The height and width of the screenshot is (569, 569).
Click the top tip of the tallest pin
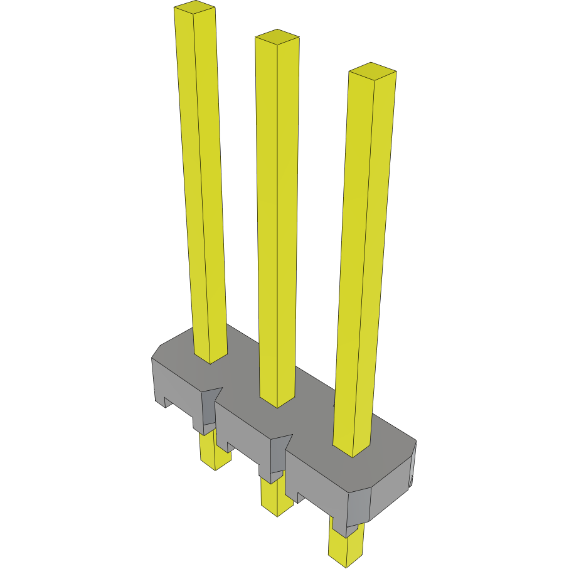click(x=194, y=8)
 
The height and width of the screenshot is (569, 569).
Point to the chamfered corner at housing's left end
click(x=157, y=351)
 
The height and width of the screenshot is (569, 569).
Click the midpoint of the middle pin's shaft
click(x=277, y=220)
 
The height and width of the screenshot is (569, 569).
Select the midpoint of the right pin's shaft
click(x=364, y=263)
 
